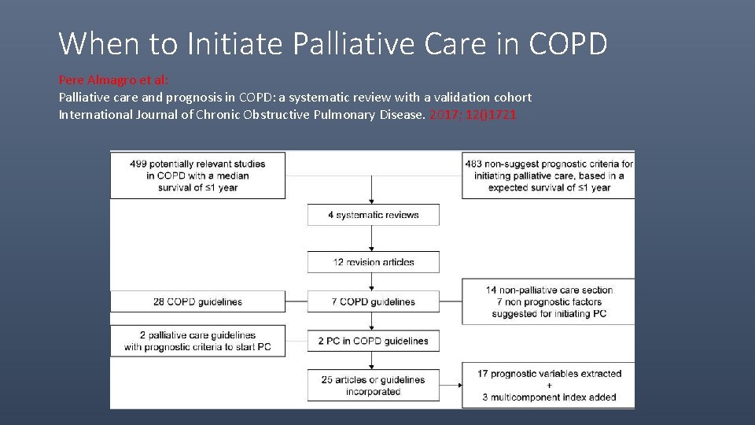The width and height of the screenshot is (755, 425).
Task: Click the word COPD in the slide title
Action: point(568,44)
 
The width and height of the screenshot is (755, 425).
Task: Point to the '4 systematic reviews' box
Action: point(374,215)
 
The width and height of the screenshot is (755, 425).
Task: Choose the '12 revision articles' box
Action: point(374,262)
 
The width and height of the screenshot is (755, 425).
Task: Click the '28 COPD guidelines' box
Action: point(197,301)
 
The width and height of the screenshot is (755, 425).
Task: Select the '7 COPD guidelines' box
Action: point(374,301)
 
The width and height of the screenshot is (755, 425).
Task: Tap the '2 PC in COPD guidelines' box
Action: point(374,341)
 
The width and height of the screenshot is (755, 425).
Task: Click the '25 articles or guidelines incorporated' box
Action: point(374,386)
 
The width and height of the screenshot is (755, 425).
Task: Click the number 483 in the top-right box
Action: point(474,164)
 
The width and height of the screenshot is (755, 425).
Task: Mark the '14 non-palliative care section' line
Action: point(549,290)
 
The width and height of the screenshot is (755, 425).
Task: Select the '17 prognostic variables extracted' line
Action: point(549,374)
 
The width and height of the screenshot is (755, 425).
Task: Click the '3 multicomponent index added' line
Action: point(549,397)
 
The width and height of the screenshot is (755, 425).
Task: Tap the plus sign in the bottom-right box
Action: point(549,386)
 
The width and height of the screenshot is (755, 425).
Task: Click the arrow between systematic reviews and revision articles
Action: point(373,239)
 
